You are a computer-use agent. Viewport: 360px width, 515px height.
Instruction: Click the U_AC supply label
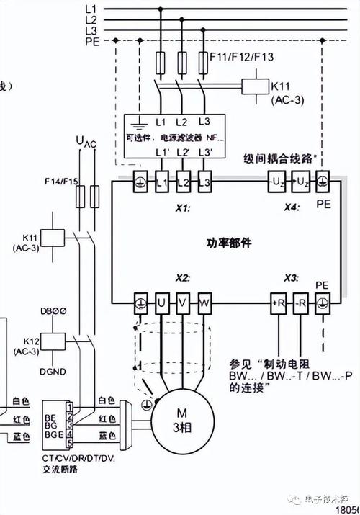click(85, 142)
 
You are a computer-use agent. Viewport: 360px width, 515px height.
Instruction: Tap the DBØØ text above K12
click(53, 312)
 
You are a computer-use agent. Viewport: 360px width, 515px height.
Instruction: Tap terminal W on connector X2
click(204, 302)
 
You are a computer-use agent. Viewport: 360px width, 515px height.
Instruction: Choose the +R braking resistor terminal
click(278, 302)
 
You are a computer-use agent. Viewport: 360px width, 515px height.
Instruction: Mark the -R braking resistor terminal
click(301, 302)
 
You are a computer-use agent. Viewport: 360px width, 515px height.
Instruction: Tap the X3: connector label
click(291, 278)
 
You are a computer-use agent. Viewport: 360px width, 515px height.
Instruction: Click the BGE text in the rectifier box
click(53, 434)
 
